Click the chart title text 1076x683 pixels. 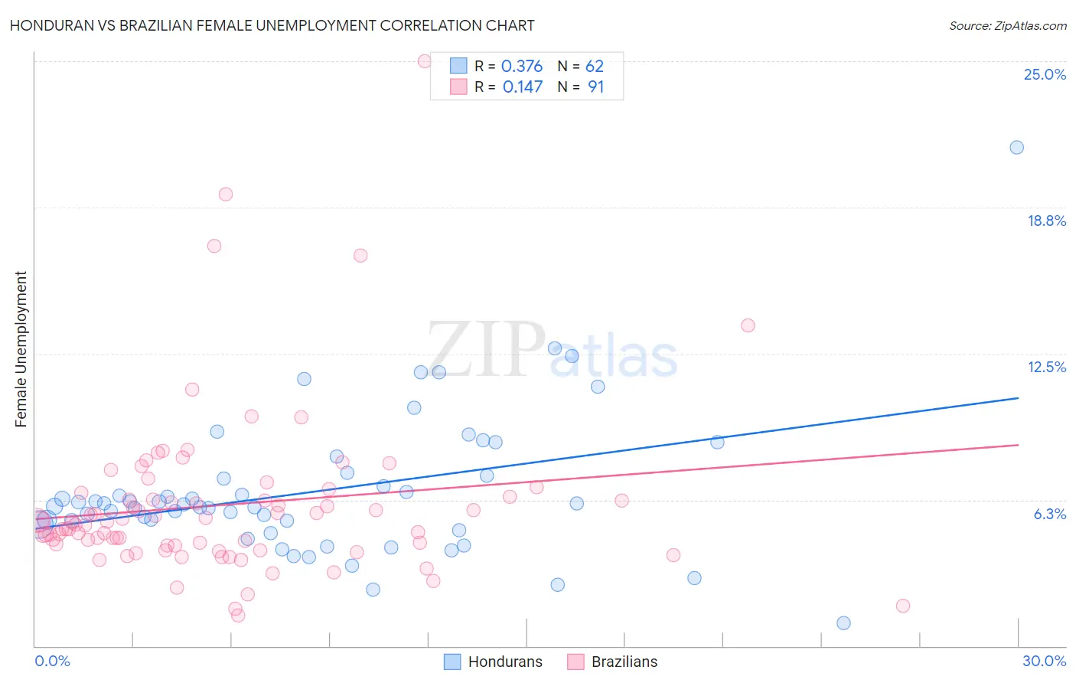point(272,25)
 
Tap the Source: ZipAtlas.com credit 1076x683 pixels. point(1007,25)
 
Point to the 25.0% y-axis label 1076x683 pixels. point(1045,74)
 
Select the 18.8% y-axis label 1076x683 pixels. point(1046,221)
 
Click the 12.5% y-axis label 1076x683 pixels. point(1046,367)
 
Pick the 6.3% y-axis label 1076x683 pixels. point(1049,514)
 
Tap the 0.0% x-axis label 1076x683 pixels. point(52,661)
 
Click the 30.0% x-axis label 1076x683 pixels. point(1044,661)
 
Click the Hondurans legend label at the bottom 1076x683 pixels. point(505,662)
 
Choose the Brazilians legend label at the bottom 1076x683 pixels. point(624,662)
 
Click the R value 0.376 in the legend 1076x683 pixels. point(522,67)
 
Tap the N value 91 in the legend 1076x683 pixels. point(595,87)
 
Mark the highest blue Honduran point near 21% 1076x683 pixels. point(1016,148)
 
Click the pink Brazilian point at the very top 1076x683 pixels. point(425,61)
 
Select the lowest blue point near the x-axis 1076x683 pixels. point(843,623)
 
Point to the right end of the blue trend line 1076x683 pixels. point(1018,398)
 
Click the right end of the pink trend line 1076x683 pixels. point(1018,445)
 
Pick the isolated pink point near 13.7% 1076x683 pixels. point(748,325)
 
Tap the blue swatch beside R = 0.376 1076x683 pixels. point(458,66)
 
